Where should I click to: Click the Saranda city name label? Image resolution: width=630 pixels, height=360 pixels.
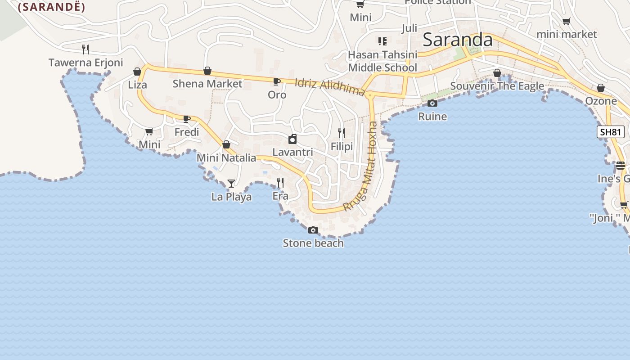[x=458, y=40]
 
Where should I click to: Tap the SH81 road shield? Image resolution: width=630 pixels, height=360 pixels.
[x=611, y=132]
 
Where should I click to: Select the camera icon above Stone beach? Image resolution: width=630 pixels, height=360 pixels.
[x=313, y=230]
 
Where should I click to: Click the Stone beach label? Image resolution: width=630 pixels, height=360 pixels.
[x=313, y=243]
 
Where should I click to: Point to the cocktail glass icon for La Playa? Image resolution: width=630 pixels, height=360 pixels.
[x=231, y=183]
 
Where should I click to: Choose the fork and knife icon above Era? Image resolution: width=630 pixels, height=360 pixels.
[x=280, y=182]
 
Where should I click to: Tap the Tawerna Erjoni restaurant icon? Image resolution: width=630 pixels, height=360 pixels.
[x=85, y=49]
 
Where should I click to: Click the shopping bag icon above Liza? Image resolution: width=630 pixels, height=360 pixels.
[x=137, y=72]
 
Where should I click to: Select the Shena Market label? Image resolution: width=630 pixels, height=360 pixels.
[x=207, y=83]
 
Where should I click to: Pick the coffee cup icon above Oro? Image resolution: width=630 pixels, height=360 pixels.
[x=277, y=81]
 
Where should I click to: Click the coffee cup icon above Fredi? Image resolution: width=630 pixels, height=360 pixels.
[x=186, y=119]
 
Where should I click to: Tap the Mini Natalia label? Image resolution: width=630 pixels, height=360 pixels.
[x=226, y=158]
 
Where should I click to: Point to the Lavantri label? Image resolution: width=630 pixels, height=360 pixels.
[x=292, y=152]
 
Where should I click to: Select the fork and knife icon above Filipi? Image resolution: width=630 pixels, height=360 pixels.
[x=342, y=133]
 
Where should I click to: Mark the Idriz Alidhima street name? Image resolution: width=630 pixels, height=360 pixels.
[x=329, y=87]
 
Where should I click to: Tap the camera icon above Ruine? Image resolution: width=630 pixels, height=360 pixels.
[x=432, y=103]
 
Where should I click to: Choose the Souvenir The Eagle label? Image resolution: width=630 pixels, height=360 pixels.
[x=497, y=86]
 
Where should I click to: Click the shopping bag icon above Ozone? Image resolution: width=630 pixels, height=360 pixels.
[x=601, y=88]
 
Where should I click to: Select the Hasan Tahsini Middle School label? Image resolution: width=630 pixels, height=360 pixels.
[x=383, y=61]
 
